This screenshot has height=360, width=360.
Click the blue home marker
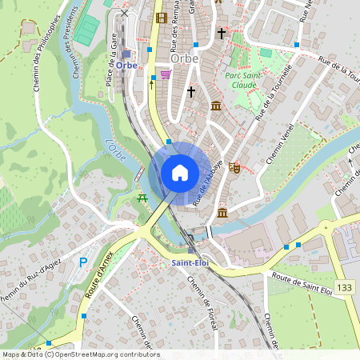pos(179,173)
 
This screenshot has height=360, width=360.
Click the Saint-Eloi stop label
pos(190,262)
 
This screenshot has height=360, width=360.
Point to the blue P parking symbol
pos(82,262)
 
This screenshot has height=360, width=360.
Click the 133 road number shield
pos(344,286)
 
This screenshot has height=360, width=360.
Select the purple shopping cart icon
pos(165,74)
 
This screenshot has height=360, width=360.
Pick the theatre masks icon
pos(234,167)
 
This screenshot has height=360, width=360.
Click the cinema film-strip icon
pos(162,18)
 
